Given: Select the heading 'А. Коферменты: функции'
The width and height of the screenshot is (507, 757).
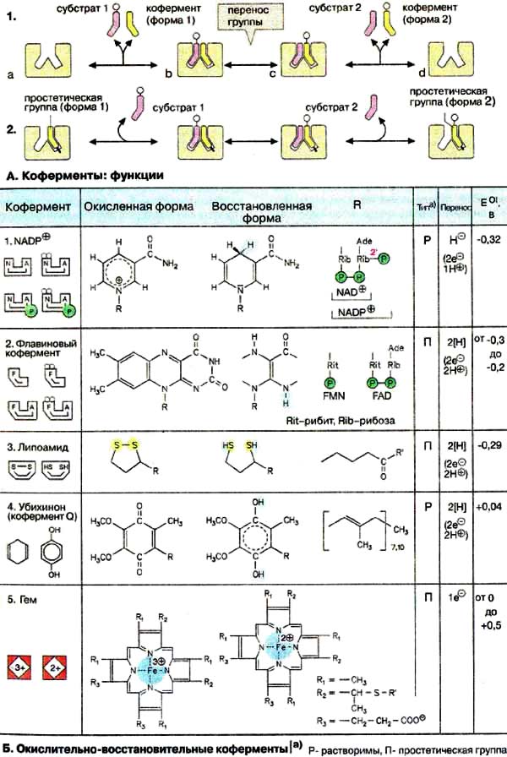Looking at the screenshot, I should (83, 176).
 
